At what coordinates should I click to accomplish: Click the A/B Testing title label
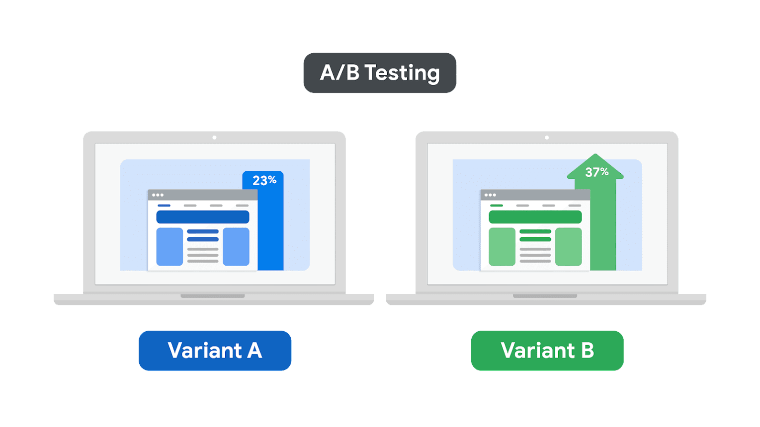pos(380,73)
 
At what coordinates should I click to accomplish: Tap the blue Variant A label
pos(215,351)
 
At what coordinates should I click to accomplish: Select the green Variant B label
pos(547,351)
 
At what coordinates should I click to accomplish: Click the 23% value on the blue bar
pos(264,180)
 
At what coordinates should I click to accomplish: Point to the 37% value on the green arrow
pos(596,172)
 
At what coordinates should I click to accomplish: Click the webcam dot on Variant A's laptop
pos(214,138)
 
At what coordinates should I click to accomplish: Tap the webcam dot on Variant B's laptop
pos(547,138)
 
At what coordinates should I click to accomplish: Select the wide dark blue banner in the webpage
pos(203,217)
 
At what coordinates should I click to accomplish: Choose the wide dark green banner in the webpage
pos(535,217)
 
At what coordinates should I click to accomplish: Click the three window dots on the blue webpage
pos(158,195)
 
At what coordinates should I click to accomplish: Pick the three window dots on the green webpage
pos(490,195)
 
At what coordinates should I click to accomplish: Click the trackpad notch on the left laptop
pos(213,296)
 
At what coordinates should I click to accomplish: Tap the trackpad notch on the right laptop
pos(545,296)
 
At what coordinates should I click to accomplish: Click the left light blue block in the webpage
pos(169,247)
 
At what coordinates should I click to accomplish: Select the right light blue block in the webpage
pos(236,247)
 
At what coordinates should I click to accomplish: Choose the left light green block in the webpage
pos(502,247)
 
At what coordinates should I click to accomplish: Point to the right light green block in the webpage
pos(569,247)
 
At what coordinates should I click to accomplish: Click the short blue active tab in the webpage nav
pos(164,206)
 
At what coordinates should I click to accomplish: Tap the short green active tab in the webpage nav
pos(497,206)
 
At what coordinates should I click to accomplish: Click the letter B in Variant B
pos(588,351)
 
